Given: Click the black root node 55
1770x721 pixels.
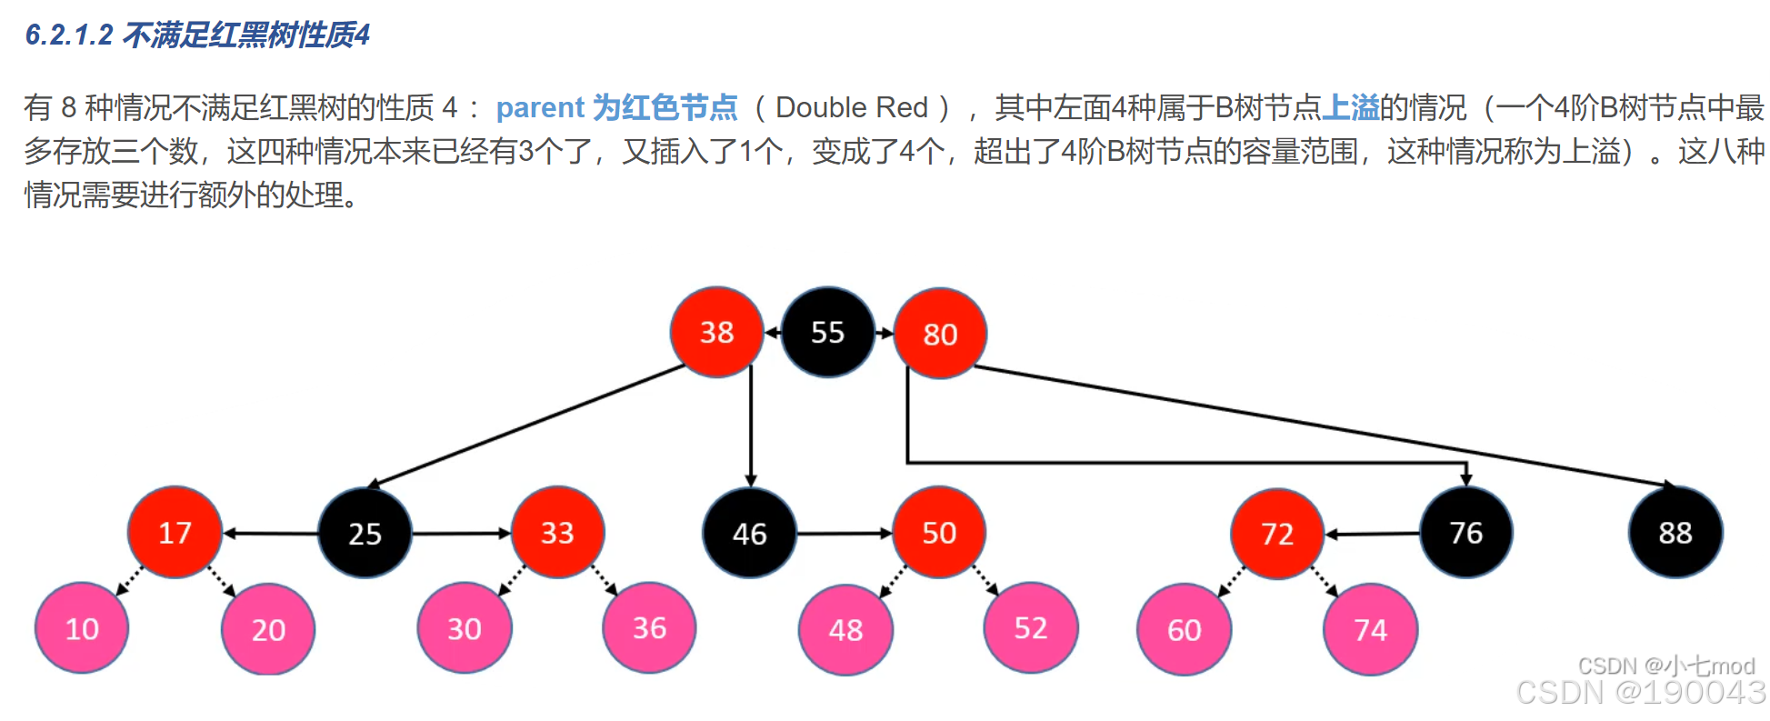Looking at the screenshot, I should (827, 333).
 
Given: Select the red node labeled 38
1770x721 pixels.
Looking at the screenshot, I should (716, 333).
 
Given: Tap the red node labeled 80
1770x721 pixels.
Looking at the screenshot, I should (940, 334).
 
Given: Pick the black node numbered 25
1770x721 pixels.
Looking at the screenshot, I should (365, 533).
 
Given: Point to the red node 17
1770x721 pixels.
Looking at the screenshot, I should (175, 532).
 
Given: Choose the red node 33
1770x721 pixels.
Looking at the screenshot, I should (557, 532).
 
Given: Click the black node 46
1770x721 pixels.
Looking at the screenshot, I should (749, 533).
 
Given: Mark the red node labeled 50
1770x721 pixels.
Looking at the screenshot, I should (939, 532).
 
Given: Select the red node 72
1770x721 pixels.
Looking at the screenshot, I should (1276, 533).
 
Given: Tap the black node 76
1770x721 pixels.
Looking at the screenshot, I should (1465, 532).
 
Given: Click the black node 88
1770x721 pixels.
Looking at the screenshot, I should (1675, 532).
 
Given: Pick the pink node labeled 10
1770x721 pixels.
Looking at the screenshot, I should (82, 628).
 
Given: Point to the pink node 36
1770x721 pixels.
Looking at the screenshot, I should (649, 627).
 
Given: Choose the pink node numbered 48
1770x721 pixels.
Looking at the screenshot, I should (845, 629).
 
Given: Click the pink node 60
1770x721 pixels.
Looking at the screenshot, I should (1184, 629).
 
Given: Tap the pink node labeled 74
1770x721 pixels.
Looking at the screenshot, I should (1370, 629).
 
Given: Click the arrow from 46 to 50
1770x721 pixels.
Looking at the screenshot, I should (844, 533).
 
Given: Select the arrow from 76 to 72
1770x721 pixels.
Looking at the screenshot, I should (1372, 534).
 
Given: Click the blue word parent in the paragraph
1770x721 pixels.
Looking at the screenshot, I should (540, 107).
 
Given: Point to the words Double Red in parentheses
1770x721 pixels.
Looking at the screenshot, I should (852, 107).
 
